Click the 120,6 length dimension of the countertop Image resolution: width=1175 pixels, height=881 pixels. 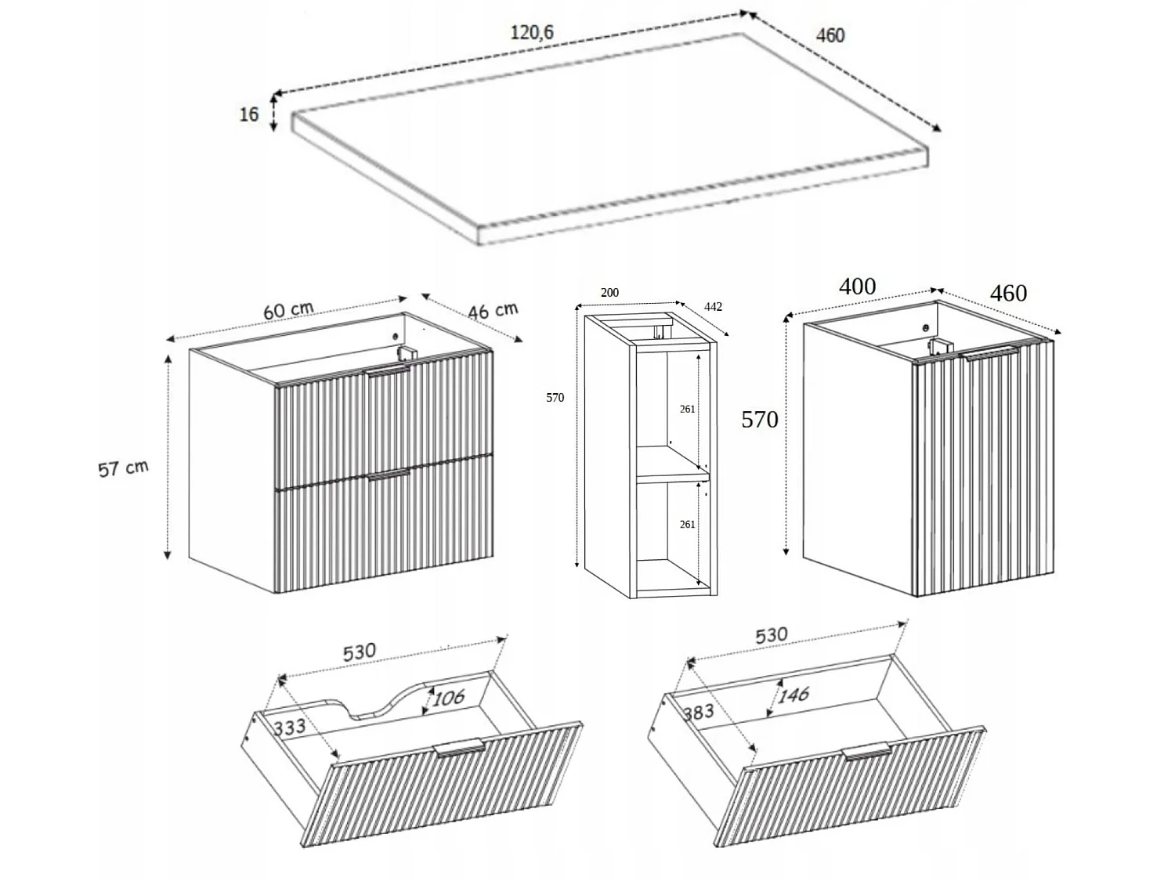[532, 33]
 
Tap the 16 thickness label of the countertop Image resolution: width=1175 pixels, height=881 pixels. [249, 114]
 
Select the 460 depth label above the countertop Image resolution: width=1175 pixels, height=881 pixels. [830, 35]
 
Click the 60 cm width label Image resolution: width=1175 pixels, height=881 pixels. [288, 309]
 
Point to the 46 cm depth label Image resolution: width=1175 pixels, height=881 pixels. [493, 310]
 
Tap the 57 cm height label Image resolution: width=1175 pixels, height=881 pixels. [123, 468]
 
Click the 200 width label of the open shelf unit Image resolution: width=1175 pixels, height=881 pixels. [609, 293]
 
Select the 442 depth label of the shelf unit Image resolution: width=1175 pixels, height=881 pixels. [713, 306]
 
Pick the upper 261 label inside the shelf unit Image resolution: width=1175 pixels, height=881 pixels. [687, 410]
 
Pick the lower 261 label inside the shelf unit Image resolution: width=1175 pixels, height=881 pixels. [687, 525]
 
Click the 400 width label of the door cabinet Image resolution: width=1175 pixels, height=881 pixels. [857, 287]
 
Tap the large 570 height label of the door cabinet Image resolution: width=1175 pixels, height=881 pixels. [760, 420]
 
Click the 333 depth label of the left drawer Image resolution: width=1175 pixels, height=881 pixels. [290, 727]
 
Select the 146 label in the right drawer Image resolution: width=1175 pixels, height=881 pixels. [794, 695]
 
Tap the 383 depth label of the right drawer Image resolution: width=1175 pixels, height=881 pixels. [699, 711]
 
